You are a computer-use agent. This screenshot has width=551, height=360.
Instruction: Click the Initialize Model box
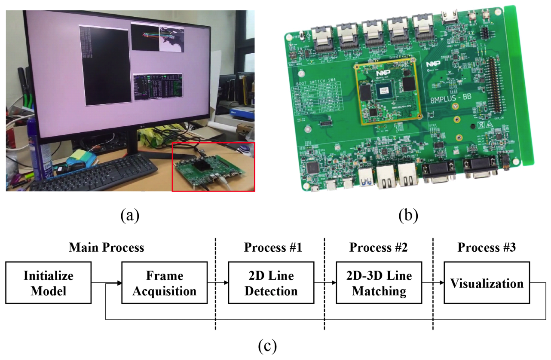pyautogui.click(x=49, y=283)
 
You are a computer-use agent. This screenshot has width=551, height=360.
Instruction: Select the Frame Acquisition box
pyautogui.click(x=164, y=283)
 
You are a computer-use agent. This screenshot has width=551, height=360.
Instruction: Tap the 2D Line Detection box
pyautogui.click(x=271, y=283)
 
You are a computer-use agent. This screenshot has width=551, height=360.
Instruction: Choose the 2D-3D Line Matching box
pyautogui.click(x=379, y=283)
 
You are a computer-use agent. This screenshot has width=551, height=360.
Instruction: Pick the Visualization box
pyautogui.click(x=487, y=284)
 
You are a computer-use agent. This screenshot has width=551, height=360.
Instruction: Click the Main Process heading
pyautogui.click(x=107, y=247)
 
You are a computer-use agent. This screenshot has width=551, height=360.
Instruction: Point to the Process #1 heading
pyautogui.click(x=273, y=247)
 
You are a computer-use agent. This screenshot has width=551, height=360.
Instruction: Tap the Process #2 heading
pyautogui.click(x=378, y=247)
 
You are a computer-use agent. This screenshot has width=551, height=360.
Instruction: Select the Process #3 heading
pyautogui.click(x=486, y=247)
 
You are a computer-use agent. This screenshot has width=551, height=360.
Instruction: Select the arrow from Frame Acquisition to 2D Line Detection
pyautogui.click(x=217, y=283)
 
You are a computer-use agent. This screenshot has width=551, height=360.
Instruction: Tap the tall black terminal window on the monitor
pyautogui.click(x=105, y=64)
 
